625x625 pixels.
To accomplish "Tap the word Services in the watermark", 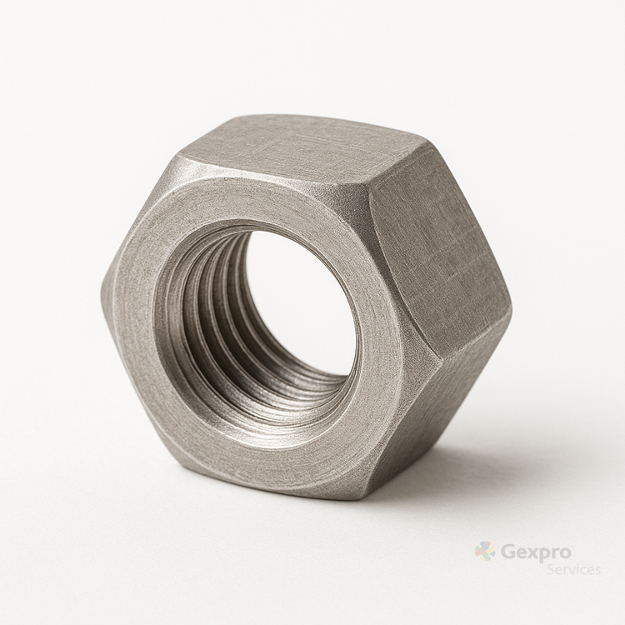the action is pyautogui.click(x=573, y=569).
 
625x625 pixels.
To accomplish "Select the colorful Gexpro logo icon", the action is pyautogui.click(x=486, y=552).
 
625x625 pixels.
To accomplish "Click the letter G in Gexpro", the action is pyautogui.click(x=507, y=552).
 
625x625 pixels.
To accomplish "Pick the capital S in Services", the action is pyautogui.click(x=551, y=569).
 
